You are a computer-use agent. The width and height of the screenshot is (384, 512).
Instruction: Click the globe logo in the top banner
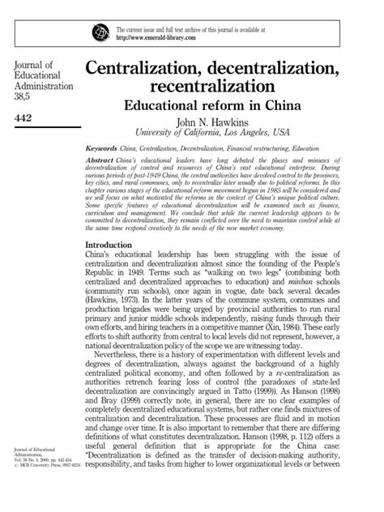[x=100, y=32]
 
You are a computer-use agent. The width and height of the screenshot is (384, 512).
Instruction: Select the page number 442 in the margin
[x=25, y=119]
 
